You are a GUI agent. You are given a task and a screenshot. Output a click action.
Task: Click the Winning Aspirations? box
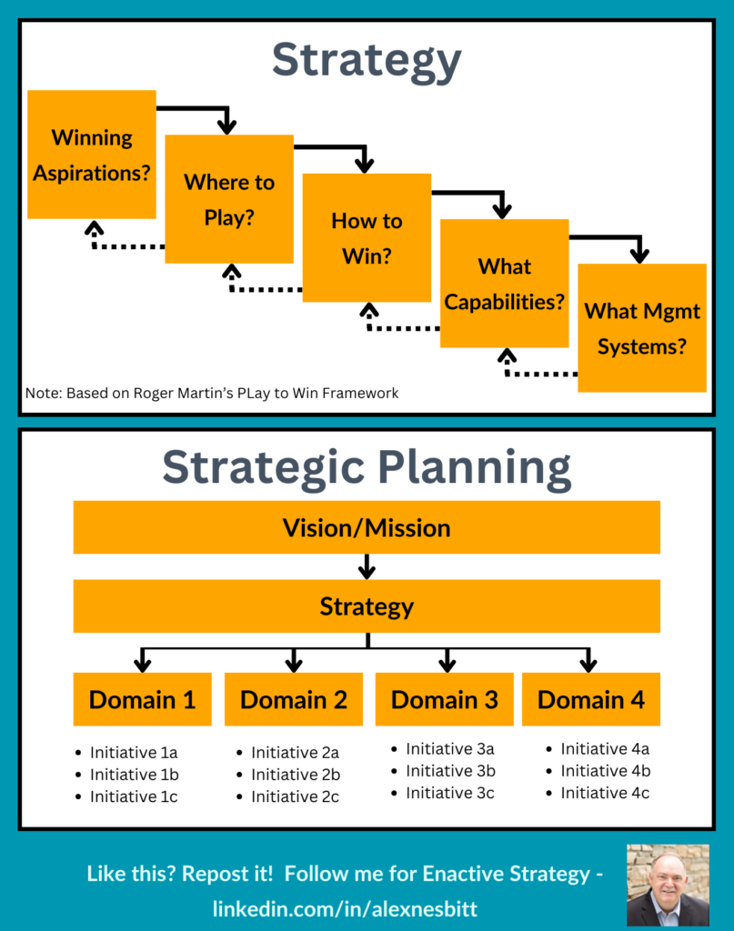92,155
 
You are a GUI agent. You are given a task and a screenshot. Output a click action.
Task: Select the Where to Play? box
229,199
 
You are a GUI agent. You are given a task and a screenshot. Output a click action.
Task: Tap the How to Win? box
367,237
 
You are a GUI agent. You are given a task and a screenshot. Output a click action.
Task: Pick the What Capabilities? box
504,284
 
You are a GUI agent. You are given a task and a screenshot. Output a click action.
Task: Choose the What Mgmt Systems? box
642,327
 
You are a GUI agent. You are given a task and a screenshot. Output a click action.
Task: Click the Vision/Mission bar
367,527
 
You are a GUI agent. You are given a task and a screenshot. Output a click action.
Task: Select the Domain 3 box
444,699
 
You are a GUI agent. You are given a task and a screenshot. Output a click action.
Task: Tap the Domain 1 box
143,699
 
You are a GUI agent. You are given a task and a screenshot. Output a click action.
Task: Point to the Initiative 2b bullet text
296,775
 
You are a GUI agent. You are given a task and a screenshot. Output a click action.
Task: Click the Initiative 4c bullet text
605,793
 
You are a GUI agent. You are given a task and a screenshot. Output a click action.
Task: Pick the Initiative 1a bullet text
134,752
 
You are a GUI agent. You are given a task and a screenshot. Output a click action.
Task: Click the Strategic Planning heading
367,468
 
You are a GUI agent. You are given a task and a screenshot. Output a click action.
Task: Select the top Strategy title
367,61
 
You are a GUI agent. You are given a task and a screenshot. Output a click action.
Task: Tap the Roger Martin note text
212,393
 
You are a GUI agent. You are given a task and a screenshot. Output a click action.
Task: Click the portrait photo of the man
669,885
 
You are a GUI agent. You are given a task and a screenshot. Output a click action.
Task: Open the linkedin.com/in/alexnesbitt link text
345,908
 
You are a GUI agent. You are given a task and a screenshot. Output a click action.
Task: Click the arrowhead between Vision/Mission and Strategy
367,571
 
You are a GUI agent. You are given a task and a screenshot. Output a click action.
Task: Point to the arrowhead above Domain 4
588,664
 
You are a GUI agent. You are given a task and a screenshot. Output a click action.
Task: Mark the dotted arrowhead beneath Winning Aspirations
94,228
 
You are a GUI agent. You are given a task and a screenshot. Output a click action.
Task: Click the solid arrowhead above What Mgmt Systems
639,255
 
